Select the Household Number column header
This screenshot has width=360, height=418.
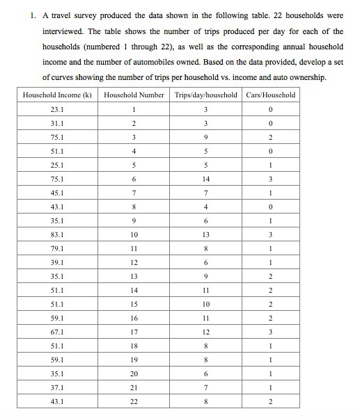pyautogui.click(x=134, y=95)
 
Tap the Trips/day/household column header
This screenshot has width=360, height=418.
pyautogui.click(x=205, y=95)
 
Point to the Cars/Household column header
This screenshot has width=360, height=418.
pyautogui.click(x=270, y=95)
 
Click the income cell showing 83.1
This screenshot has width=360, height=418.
pyautogui.click(x=57, y=234)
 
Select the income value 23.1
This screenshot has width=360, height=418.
pyautogui.click(x=57, y=109)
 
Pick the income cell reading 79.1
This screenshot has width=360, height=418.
pyautogui.click(x=57, y=248)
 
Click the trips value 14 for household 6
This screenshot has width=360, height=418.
pyautogui.click(x=205, y=179)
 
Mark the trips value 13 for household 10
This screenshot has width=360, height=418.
pyautogui.click(x=205, y=234)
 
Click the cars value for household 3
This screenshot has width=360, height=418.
pyautogui.click(x=270, y=137)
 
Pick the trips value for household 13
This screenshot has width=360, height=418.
pyautogui.click(x=205, y=276)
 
